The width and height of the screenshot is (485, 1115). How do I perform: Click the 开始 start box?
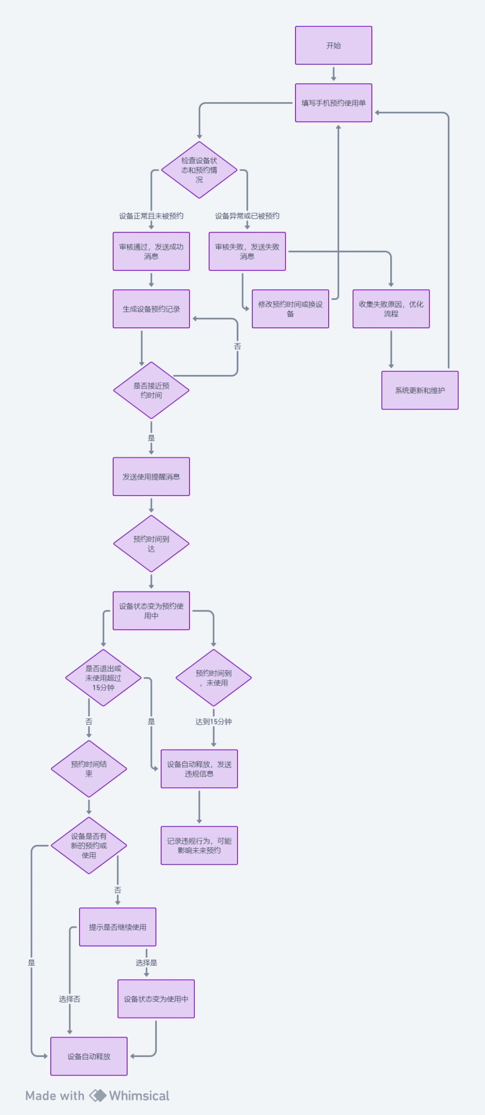[333, 45]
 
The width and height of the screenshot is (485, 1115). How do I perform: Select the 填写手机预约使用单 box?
[333, 103]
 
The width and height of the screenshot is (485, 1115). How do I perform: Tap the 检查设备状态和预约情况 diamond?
[199, 170]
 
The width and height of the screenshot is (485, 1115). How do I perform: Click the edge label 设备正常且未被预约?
[151, 216]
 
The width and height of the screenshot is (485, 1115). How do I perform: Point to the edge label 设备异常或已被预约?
[247, 216]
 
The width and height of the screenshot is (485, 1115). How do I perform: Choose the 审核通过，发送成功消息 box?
[151, 251]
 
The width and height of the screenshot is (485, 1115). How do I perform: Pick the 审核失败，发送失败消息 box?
[247, 251]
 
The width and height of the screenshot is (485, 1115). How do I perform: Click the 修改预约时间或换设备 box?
[290, 309]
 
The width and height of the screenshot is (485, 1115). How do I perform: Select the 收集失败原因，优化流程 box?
[391, 309]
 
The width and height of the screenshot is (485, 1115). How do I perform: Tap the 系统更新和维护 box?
[419, 390]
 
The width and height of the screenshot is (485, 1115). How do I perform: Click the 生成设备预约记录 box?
[151, 309]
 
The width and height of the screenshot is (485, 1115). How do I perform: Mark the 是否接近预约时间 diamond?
[151, 390]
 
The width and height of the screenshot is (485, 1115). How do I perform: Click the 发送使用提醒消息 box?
[151, 476]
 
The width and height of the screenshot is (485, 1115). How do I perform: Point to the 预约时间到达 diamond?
[151, 544]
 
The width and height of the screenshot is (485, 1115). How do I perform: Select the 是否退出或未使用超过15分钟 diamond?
[103, 678]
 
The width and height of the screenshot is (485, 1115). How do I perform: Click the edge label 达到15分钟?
[213, 722]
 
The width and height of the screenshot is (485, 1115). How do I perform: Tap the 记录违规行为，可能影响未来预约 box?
[199, 845]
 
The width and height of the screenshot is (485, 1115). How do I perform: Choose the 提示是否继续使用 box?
[118, 927]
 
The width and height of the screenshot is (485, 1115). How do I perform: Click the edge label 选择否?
[70, 999]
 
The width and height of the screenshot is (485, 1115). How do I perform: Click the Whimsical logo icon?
[97, 1096]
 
